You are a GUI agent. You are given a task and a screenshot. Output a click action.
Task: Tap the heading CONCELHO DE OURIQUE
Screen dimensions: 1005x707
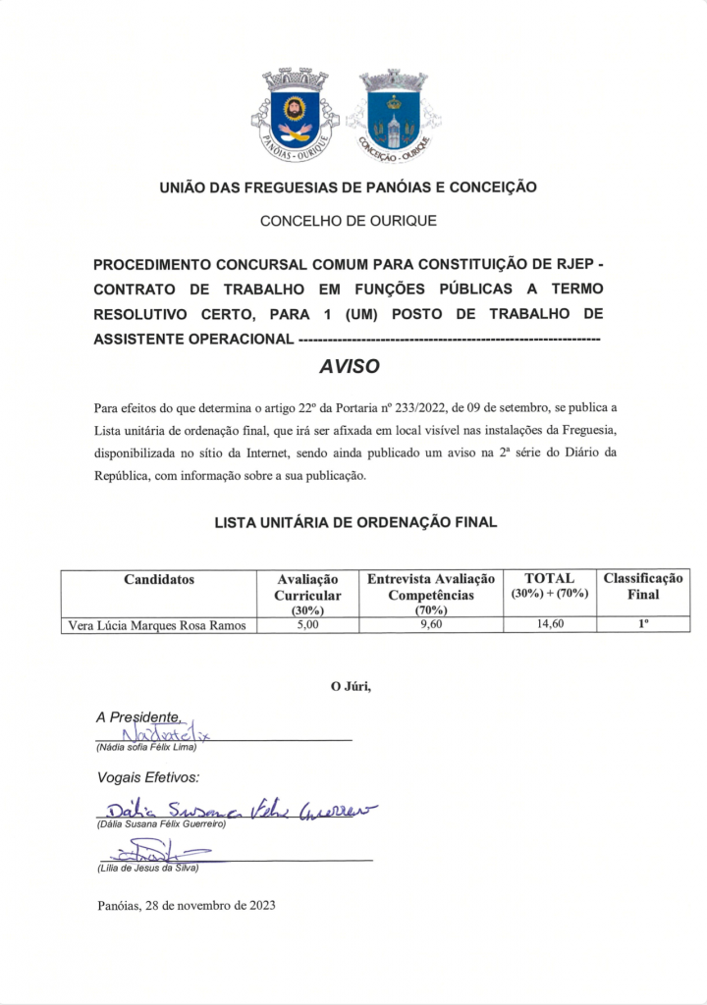(349, 221)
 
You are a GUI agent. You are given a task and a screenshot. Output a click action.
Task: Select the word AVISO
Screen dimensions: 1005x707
(349, 367)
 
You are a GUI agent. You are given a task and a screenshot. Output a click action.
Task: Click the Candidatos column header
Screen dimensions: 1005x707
(159, 580)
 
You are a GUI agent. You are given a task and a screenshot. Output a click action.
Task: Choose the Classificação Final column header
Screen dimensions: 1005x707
(643, 587)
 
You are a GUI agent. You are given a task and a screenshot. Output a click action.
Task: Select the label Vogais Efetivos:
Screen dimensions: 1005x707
(148, 777)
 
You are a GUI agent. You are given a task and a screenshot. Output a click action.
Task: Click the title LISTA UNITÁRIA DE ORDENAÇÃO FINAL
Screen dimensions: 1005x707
(355, 522)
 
